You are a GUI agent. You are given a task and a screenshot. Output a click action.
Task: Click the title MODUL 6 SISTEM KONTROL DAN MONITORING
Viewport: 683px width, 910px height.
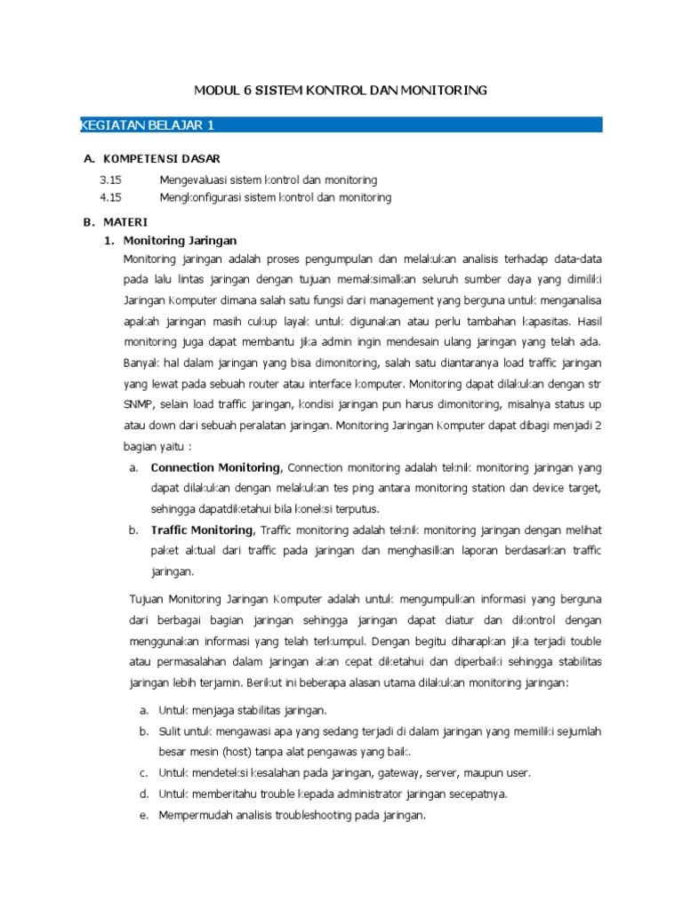(x=341, y=91)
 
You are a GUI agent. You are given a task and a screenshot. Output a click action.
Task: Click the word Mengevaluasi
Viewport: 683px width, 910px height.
(x=190, y=180)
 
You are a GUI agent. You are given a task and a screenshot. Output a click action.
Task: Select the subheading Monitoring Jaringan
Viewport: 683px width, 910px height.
(x=180, y=240)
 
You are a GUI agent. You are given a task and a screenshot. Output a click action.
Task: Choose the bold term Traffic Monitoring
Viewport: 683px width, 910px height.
(x=202, y=531)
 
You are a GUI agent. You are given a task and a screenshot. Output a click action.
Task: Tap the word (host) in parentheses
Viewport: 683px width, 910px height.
(x=231, y=751)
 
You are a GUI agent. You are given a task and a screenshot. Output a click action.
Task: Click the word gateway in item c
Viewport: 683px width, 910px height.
(x=377, y=772)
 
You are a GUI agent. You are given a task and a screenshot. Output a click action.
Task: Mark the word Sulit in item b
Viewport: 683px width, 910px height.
(x=171, y=730)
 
